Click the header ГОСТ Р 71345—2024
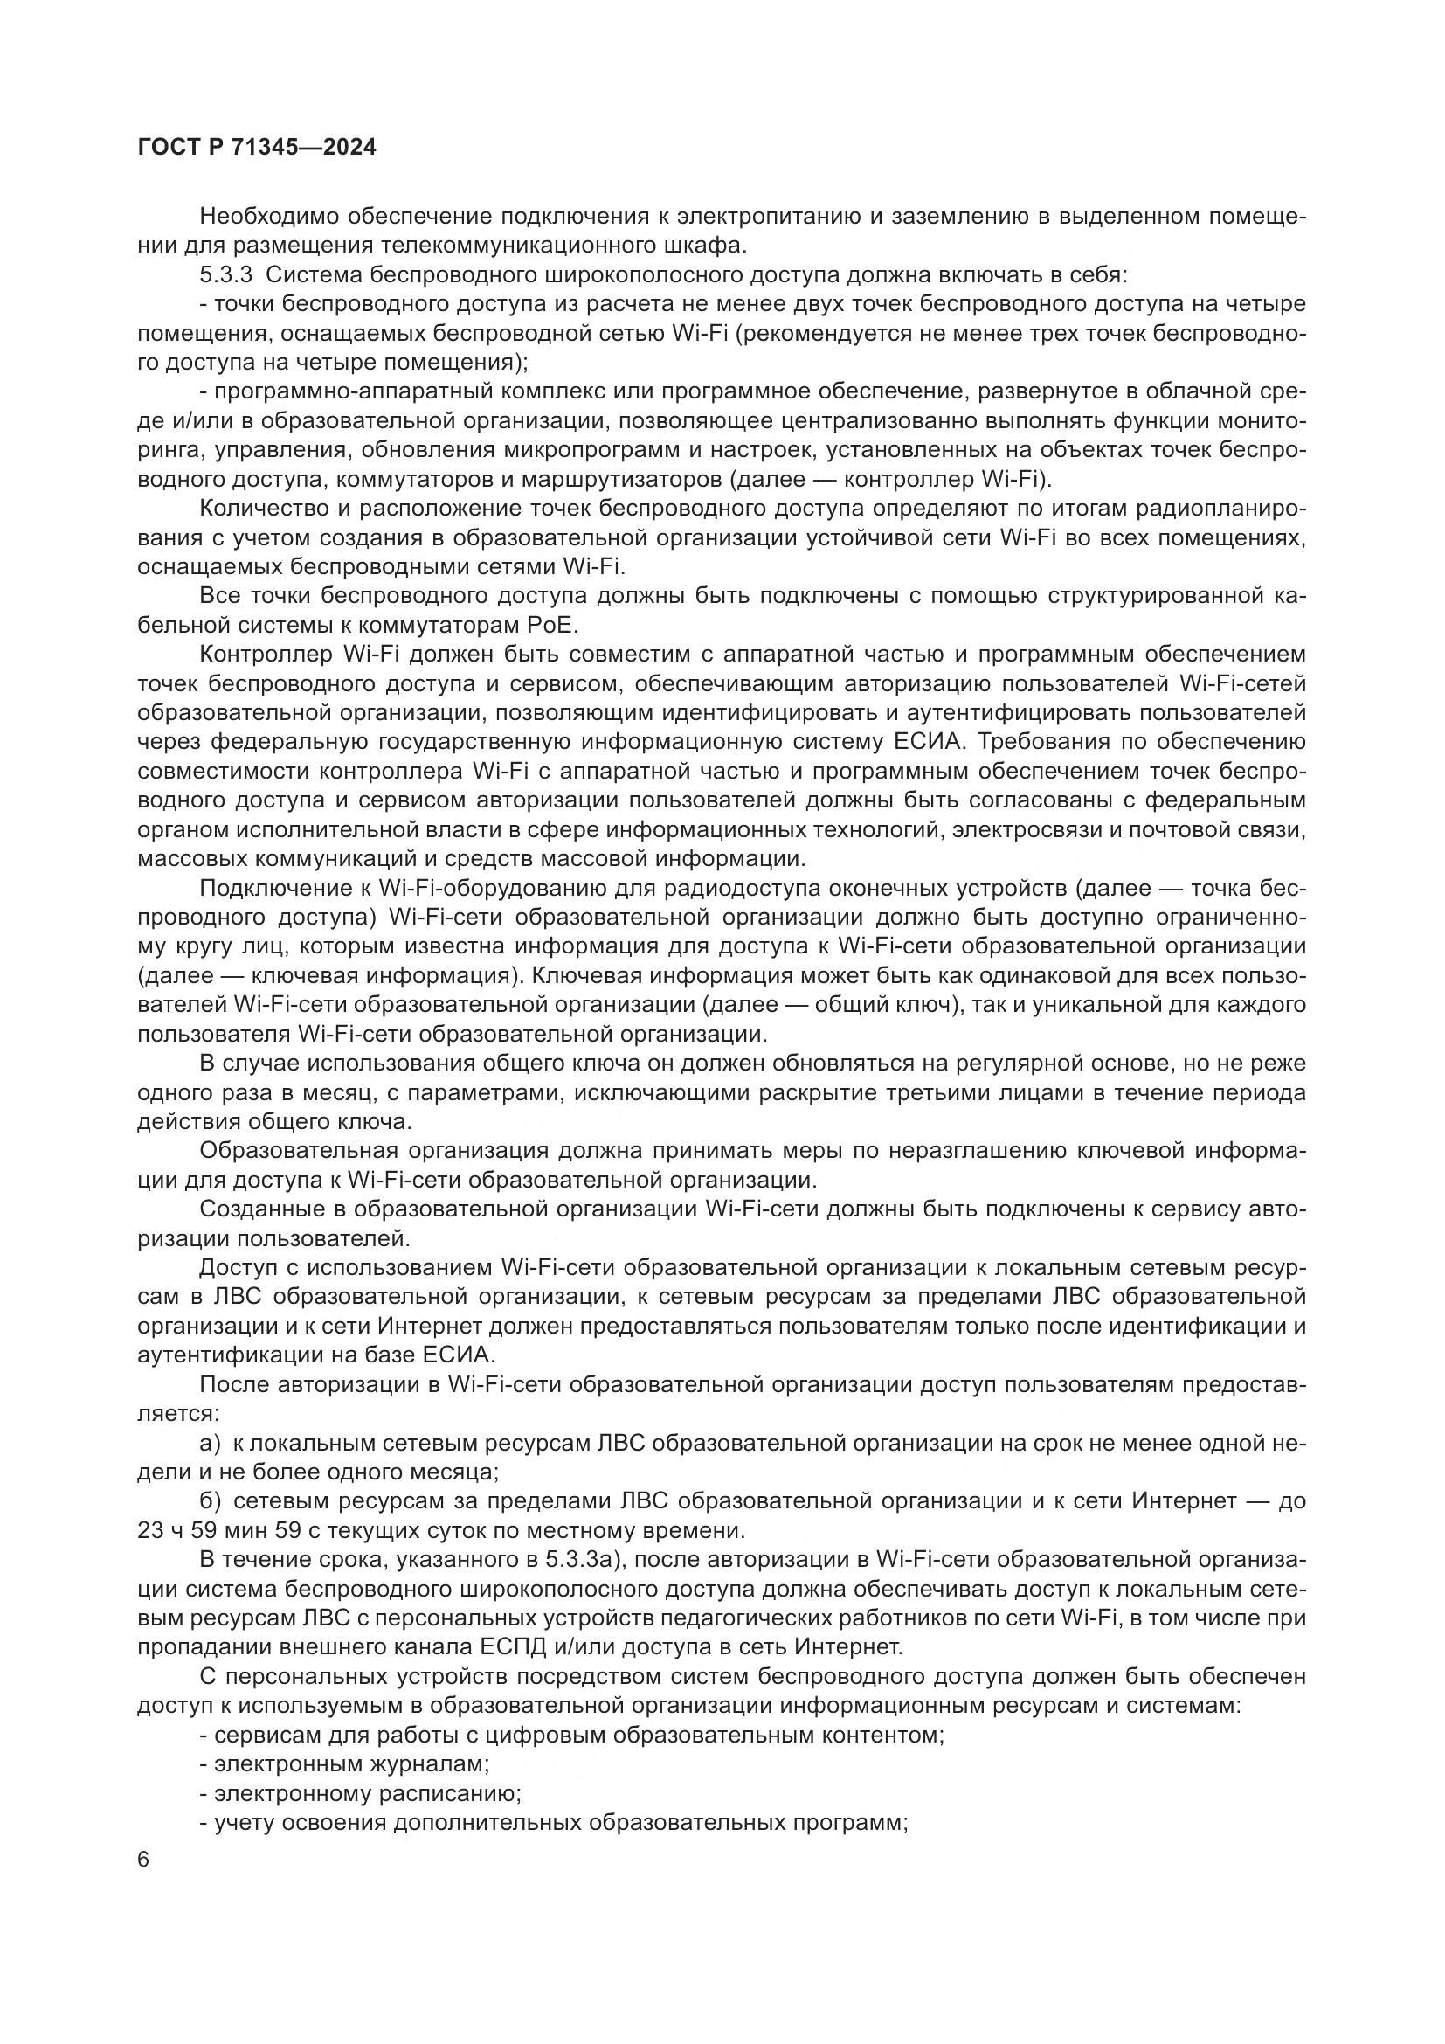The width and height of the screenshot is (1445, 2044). pyautogui.click(x=257, y=148)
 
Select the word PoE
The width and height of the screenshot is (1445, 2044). pyautogui.click(x=553, y=625)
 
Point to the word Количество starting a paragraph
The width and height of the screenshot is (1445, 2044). pyautogui.click(x=263, y=509)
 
